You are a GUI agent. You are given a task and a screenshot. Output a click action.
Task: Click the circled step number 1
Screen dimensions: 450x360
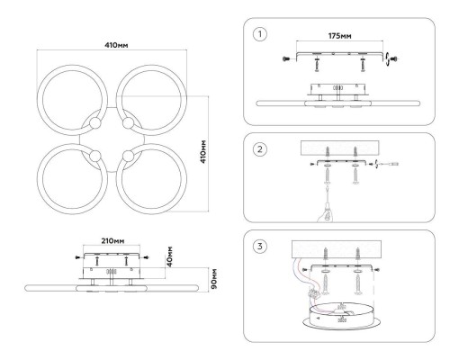[260, 34]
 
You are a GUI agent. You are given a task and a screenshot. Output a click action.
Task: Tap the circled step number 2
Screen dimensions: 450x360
[260, 149]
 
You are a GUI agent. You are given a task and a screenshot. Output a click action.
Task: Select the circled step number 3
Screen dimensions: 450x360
[260, 247]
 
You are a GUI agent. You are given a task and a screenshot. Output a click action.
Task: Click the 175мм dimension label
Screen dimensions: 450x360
[340, 36]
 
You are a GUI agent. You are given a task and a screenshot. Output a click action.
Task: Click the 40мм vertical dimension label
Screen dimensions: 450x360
[169, 256]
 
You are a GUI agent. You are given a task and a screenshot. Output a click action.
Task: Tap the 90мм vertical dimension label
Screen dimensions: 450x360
[214, 279]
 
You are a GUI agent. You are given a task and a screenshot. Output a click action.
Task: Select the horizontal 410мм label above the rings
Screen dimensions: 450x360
[116, 45]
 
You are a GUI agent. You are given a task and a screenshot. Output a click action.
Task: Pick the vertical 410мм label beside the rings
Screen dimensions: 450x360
[203, 151]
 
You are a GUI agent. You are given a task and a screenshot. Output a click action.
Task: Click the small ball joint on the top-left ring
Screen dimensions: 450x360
[95, 122]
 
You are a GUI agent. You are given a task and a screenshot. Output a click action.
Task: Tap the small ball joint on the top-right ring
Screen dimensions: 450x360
[128, 122]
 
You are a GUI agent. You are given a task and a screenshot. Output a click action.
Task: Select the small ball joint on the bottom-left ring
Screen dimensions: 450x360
[95, 156]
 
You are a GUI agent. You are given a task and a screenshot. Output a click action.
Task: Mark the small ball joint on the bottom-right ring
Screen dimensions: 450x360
[128, 156]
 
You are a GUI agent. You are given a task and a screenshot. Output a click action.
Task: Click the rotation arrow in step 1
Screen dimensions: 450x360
[388, 58]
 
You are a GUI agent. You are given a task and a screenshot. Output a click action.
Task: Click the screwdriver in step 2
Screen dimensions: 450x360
[389, 164]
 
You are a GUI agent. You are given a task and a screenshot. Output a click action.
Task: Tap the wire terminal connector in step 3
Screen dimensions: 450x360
[313, 293]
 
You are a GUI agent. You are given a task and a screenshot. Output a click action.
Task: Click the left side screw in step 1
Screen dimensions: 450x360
[286, 59]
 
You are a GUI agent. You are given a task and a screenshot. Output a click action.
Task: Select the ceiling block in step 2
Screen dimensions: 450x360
[340, 148]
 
